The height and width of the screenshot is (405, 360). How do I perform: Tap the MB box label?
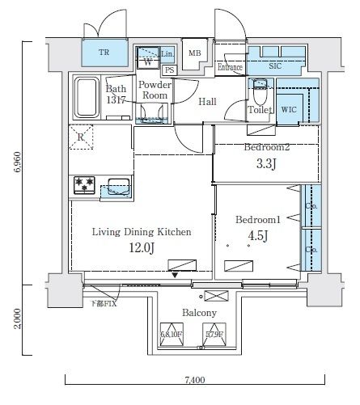tap(194, 54)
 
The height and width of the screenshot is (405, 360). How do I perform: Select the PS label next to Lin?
tap(168, 70)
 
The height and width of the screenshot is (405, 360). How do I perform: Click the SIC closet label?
tap(274, 67)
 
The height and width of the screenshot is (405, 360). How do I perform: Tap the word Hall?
tap(208, 101)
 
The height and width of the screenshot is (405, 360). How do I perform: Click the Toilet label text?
tap(259, 109)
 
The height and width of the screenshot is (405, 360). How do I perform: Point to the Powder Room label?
tap(153, 90)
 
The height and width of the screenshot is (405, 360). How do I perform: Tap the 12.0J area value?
tap(141, 247)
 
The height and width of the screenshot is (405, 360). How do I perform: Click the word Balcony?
tap(198, 313)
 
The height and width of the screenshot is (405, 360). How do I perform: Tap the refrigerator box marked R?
tap(83, 137)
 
